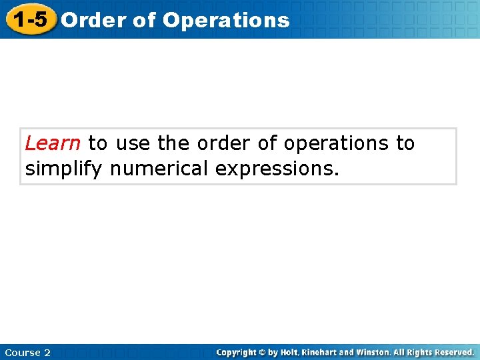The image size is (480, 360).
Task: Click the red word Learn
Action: pyautogui.click(x=53, y=143)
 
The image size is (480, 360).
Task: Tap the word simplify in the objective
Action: pyautogui.click(x=63, y=169)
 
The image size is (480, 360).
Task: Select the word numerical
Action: pyautogui.click(x=159, y=169)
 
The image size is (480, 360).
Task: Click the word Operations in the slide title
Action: pyautogui.click(x=226, y=20)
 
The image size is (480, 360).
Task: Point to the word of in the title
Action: pyautogui.click(x=144, y=20)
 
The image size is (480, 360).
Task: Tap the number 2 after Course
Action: pyautogui.click(x=47, y=353)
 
